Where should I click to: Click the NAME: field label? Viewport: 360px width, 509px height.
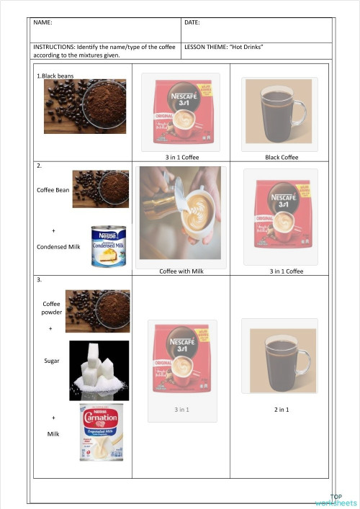click(x=42, y=23)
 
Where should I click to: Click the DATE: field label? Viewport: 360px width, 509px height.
click(x=192, y=23)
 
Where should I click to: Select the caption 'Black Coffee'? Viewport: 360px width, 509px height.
click(x=282, y=157)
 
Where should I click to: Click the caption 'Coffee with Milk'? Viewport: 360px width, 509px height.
click(x=182, y=271)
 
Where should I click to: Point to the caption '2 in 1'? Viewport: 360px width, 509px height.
click(x=282, y=410)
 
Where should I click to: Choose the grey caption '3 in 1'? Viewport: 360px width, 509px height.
click(x=181, y=410)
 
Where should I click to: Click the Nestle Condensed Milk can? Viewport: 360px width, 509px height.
click(x=109, y=246)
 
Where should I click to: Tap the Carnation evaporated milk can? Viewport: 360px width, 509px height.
click(x=101, y=431)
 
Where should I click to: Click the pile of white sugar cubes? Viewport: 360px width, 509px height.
click(x=99, y=371)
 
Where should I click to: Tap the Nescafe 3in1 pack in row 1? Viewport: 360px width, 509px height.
click(x=181, y=112)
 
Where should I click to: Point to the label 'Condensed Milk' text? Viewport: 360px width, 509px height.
click(x=58, y=246)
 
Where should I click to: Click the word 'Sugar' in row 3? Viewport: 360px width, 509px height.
click(x=52, y=360)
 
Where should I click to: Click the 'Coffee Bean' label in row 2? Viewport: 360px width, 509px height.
click(x=52, y=190)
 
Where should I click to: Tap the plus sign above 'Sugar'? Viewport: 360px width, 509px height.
click(x=50, y=328)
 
